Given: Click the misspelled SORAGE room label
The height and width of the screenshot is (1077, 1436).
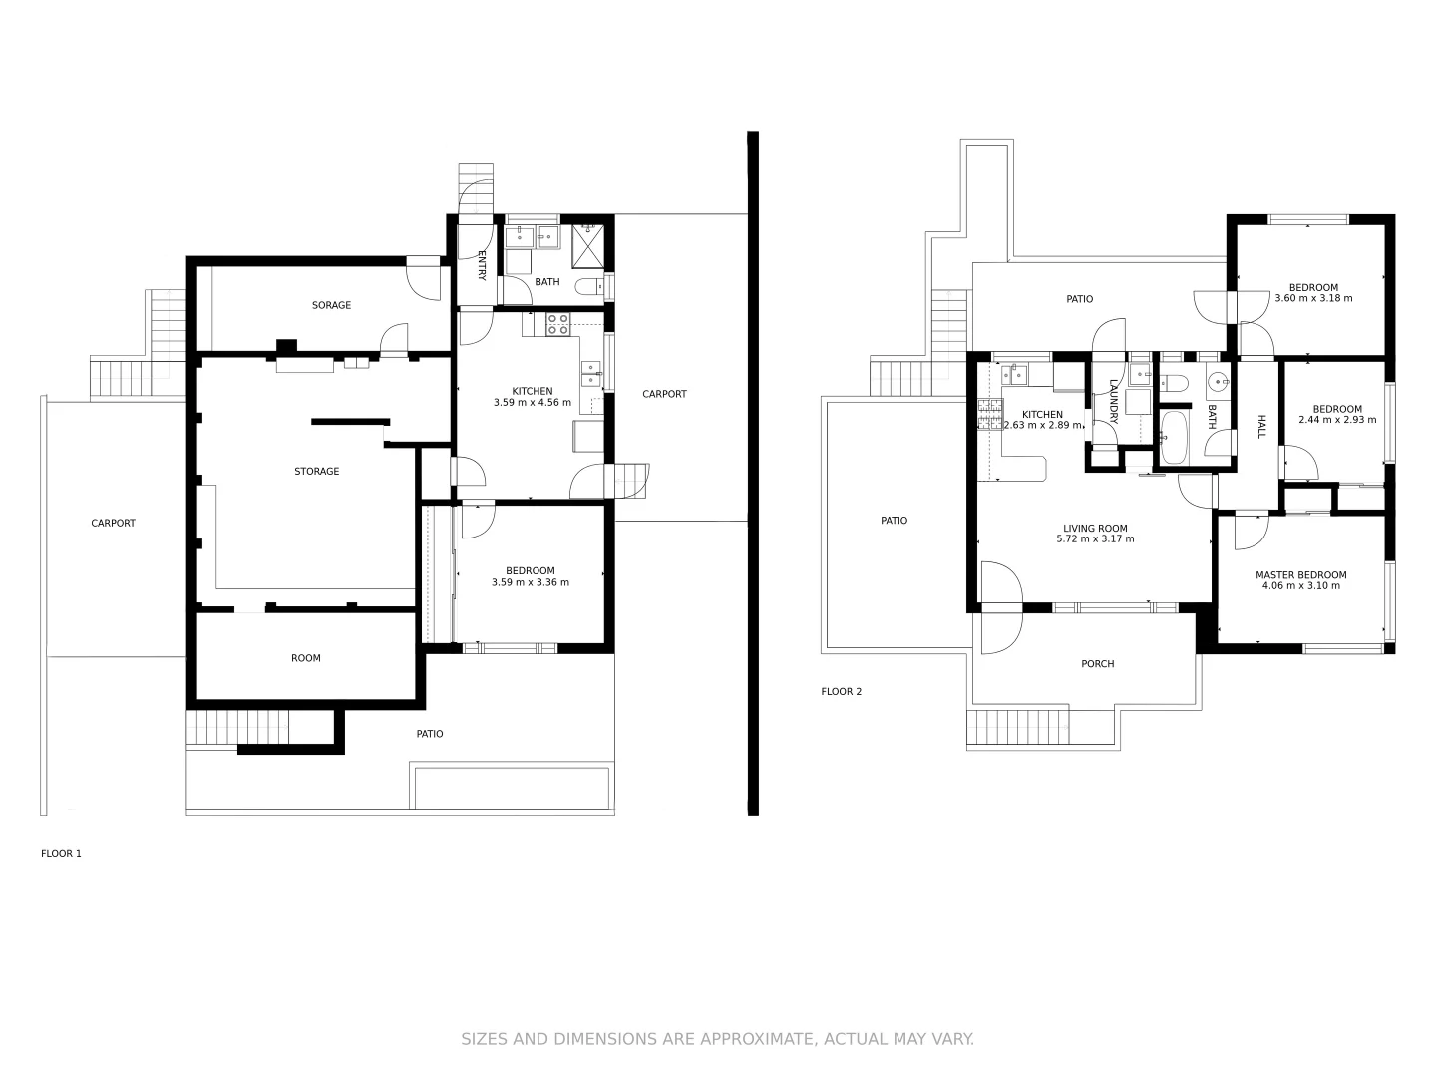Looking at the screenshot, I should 331,305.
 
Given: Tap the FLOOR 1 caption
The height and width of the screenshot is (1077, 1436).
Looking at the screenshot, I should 61,853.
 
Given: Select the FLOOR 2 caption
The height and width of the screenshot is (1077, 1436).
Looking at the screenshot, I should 841,691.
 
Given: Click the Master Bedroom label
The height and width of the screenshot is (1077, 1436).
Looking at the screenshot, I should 1300,575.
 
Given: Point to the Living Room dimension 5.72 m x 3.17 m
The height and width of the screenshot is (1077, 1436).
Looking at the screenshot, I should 1095,539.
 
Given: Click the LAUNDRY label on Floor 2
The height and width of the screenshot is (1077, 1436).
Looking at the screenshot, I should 1114,402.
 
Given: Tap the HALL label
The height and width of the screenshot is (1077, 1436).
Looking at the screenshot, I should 1260,427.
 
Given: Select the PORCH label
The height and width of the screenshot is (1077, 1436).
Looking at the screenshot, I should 1097,664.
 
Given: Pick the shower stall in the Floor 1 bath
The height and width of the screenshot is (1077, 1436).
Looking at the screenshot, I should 588,246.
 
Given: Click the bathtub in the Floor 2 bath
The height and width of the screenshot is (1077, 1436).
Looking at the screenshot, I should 1174,439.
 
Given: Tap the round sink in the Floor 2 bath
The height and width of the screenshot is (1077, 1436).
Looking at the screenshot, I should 1218,382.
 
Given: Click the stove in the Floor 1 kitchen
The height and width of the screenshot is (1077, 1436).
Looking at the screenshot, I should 557,323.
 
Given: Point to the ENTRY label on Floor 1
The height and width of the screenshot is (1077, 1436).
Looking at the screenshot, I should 482,264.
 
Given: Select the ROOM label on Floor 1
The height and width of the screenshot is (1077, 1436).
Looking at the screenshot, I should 306,658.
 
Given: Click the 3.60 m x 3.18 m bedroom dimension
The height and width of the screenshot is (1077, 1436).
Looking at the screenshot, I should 1313,298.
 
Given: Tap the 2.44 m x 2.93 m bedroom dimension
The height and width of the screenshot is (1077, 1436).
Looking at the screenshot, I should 1336,420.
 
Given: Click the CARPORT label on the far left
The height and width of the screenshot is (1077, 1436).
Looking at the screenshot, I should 113,523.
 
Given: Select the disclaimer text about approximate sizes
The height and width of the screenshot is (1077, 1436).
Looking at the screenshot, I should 717,1039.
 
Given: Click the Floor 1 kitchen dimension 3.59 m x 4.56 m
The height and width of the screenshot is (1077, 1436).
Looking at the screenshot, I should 532,403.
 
